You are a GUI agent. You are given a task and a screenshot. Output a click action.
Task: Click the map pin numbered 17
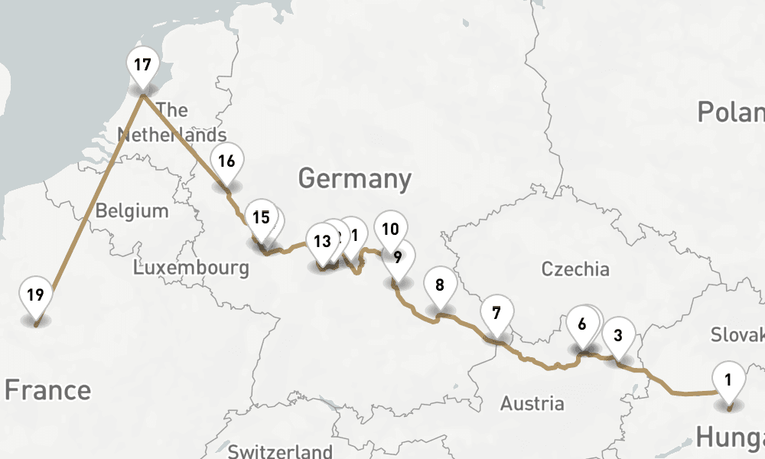(142, 65)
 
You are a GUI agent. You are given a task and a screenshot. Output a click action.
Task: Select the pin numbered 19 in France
(36, 295)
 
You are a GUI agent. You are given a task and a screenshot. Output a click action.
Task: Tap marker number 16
(226, 161)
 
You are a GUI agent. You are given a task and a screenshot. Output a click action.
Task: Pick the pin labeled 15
(261, 218)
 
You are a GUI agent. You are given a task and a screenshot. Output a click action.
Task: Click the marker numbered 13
(322, 242)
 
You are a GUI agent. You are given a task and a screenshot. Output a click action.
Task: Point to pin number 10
(390, 229)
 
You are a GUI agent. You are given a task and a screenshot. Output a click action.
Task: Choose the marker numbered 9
(398, 257)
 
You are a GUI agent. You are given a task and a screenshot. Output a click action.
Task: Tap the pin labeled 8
(439, 286)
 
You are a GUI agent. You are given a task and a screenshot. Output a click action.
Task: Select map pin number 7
(496, 313)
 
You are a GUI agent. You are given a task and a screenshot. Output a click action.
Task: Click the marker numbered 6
(582, 324)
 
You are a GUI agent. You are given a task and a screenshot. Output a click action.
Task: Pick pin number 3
(618, 335)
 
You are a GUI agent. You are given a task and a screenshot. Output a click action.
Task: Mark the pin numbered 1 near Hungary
(728, 379)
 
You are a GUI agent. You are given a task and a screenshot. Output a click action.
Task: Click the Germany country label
(354, 179)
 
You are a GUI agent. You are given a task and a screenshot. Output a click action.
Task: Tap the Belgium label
(132, 210)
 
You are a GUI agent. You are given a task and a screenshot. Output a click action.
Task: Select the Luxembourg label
(190, 268)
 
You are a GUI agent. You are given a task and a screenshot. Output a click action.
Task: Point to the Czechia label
(575, 269)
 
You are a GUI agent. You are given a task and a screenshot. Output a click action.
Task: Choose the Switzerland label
(280, 451)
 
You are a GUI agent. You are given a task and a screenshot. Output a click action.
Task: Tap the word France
(47, 390)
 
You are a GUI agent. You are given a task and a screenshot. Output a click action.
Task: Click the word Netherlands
(171, 135)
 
